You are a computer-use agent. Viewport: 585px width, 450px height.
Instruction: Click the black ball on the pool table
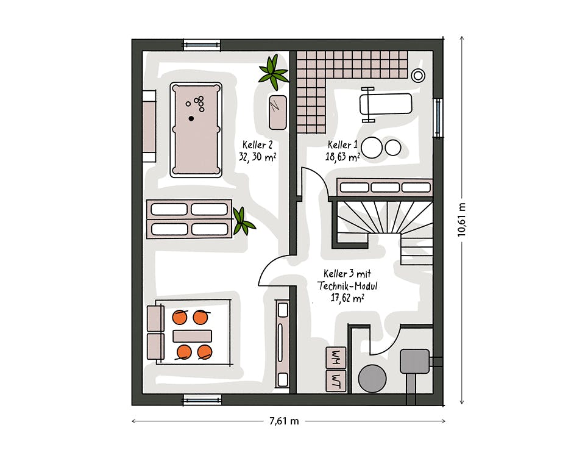pyautogui.click(x=191, y=118)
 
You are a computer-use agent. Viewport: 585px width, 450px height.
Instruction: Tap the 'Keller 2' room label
pyautogui.click(x=257, y=145)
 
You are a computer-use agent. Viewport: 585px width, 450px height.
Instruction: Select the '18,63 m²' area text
pyautogui.click(x=342, y=157)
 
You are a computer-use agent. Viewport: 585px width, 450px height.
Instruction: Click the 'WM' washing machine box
pyautogui.click(x=336, y=357)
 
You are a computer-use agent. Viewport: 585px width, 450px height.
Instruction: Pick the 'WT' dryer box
pyautogui.click(x=336, y=381)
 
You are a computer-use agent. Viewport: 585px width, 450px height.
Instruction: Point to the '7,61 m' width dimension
pyautogui.click(x=285, y=421)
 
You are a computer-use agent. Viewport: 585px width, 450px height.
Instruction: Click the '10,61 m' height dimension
pyautogui.click(x=462, y=220)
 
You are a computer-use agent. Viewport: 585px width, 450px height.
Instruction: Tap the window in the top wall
pyautogui.click(x=202, y=45)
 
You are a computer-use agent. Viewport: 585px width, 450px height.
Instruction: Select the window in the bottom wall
pyautogui.click(x=202, y=400)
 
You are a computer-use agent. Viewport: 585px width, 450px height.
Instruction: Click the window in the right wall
pyautogui.click(x=438, y=118)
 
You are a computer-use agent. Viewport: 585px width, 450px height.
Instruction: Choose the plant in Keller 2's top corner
pyautogui.click(x=274, y=73)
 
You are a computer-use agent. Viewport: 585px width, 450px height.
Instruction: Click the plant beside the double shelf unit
pyautogui.click(x=243, y=222)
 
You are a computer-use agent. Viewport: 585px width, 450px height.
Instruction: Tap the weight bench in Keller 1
pyautogui.click(x=385, y=104)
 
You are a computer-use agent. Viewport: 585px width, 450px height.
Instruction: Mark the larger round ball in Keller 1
pyautogui.click(x=371, y=148)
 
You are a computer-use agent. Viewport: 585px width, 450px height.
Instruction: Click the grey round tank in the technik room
pyautogui.click(x=372, y=379)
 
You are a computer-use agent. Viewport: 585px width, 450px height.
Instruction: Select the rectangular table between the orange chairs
pyautogui.click(x=192, y=336)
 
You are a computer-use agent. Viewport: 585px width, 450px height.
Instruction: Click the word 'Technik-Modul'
pyautogui.click(x=347, y=286)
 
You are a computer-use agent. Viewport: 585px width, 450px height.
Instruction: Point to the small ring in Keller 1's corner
pyautogui.click(x=418, y=76)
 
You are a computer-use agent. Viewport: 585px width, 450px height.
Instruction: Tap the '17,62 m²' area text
pyautogui.click(x=347, y=298)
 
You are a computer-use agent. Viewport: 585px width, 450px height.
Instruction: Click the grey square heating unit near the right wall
pyautogui.click(x=414, y=361)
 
